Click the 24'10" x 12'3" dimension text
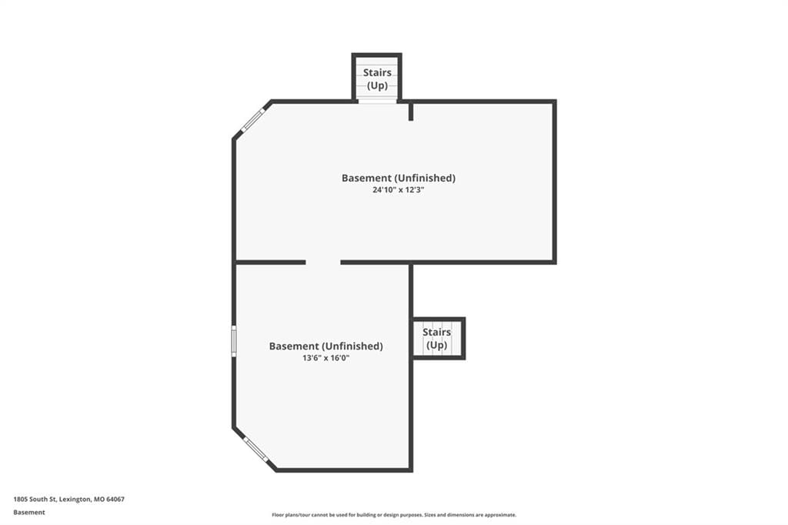tap(399, 190)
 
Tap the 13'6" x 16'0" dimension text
tap(326, 358)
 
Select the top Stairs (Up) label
tap(377, 79)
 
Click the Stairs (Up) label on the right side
tap(437, 339)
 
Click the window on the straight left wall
tap(234, 340)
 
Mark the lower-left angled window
tap(255, 449)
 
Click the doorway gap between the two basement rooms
tap(323, 262)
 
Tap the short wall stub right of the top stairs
tap(411, 111)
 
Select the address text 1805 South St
tap(35, 500)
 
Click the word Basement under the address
tap(29, 513)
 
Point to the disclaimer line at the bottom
tap(394, 515)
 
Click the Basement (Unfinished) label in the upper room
tap(399, 178)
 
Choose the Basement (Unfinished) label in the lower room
tap(326, 346)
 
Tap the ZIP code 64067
tap(115, 500)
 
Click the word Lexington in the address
tap(75, 500)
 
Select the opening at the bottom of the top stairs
tap(377, 101)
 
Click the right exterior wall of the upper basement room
tap(554, 182)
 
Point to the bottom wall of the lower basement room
tap(344, 470)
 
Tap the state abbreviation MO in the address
tap(99, 500)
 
